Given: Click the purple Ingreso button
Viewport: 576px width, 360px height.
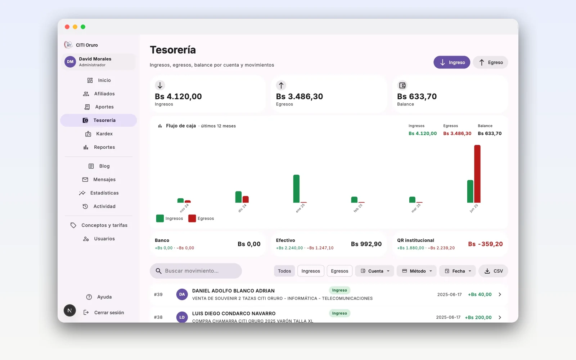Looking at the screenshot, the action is coord(451,62).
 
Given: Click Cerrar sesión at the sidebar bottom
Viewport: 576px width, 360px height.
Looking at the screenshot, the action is coord(104,312).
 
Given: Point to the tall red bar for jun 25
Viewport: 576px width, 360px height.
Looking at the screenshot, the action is coord(477,174).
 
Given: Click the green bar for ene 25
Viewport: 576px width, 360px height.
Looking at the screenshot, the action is coord(296,189).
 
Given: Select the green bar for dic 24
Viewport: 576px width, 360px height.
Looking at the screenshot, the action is coord(238,197).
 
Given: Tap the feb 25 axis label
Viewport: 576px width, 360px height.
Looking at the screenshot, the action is coord(358,208).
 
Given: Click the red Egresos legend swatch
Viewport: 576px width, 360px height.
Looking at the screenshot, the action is coord(192,218).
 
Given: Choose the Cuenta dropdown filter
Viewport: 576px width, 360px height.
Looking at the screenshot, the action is coord(374,271).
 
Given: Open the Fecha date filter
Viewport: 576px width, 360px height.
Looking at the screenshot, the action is coord(458,271).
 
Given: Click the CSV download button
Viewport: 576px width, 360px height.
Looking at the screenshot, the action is coord(493,271).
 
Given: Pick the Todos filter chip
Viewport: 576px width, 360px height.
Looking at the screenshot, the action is coord(284,271).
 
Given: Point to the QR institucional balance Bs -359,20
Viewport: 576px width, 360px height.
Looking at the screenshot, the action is coord(485,244).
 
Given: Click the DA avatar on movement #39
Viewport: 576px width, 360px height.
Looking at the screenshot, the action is coord(182,294).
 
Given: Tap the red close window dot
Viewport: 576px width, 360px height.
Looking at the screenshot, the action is coord(67,27).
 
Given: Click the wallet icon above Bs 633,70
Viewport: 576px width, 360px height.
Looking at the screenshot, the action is coord(402,85).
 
